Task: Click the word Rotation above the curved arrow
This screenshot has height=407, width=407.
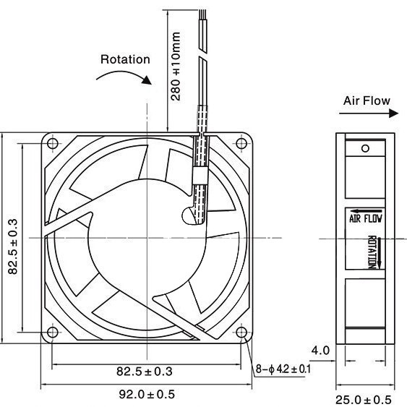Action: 125,59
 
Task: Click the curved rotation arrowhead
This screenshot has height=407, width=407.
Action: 147,80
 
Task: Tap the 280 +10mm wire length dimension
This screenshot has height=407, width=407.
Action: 176,67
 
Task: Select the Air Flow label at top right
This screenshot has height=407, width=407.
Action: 367,100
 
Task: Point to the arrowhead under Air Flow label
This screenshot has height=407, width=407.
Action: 393,113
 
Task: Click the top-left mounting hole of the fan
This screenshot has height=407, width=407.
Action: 53,143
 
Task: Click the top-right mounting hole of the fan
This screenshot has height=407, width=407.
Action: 241,143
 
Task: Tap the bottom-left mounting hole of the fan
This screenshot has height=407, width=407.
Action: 53,332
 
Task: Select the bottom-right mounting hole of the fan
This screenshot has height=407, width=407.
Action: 241,332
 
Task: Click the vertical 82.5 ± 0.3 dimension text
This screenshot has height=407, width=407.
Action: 12,247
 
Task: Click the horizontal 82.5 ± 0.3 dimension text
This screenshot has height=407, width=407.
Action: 145,372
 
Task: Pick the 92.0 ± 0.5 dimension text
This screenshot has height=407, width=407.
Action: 147,394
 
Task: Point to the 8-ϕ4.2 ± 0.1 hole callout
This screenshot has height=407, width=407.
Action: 283,369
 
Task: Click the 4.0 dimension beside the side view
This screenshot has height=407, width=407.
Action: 320,351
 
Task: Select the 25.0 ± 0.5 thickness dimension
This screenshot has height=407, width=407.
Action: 364,400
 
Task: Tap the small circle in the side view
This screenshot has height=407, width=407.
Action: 366,148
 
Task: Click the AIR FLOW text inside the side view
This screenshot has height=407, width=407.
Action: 366,218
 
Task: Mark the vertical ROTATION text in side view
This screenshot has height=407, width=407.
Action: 372,252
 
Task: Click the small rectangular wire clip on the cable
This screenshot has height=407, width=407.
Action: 200,176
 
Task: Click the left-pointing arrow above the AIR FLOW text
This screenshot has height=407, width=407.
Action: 366,211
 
